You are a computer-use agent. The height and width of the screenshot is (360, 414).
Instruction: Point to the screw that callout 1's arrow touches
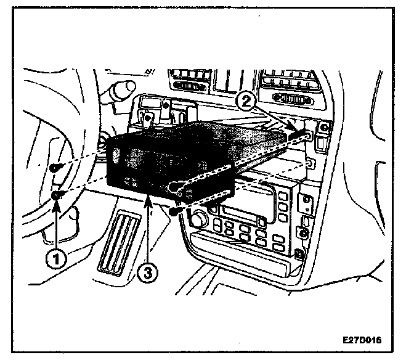pos(57,195)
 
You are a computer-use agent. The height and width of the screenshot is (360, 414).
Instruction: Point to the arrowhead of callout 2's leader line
pos(299,131)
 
